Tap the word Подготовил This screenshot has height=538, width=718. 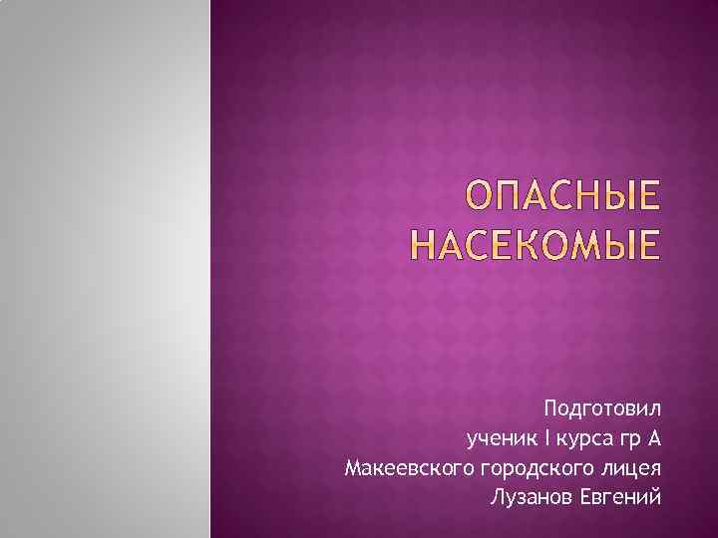tap(602, 408)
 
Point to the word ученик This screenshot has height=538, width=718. tap(497, 438)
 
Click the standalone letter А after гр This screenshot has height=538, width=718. tap(653, 437)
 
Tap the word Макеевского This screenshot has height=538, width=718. tap(408, 468)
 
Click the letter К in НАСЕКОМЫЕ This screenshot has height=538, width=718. tap(544, 243)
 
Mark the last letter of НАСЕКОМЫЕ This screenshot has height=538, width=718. tap(650, 243)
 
